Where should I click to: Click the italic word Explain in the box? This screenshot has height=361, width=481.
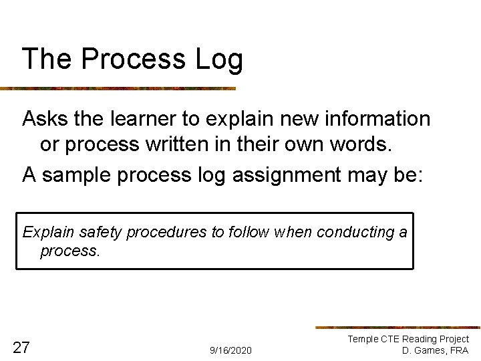tap(48, 233)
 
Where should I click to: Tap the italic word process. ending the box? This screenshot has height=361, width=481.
tap(70, 251)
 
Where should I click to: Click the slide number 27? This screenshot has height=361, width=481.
tap(21, 347)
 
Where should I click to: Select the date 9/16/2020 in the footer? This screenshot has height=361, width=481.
tap(230, 350)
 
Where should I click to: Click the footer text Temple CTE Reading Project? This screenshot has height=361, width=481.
tap(408, 339)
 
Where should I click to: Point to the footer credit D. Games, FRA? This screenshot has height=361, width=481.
tap(435, 350)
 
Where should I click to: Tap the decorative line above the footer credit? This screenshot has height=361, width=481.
tap(397, 328)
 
